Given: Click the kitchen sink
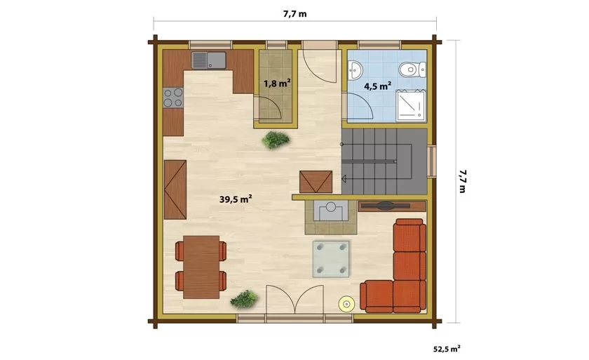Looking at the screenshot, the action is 209,60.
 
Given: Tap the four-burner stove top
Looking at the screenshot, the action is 173,98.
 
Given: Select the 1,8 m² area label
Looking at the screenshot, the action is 277,83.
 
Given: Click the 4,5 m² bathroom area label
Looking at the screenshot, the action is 377,86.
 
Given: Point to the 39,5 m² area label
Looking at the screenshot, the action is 236,199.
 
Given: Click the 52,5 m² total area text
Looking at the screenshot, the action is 447,349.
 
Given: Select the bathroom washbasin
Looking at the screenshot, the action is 355,70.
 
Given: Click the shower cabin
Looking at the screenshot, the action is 411,105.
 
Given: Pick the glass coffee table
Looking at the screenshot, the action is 331,259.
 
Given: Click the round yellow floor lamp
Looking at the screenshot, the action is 346,304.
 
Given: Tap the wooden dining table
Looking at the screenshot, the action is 201,267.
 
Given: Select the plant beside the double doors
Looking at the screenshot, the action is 245,299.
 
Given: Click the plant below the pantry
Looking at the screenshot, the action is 276,140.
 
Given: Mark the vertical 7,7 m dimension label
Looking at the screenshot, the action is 462,182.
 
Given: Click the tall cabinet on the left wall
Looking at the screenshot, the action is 175,189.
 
